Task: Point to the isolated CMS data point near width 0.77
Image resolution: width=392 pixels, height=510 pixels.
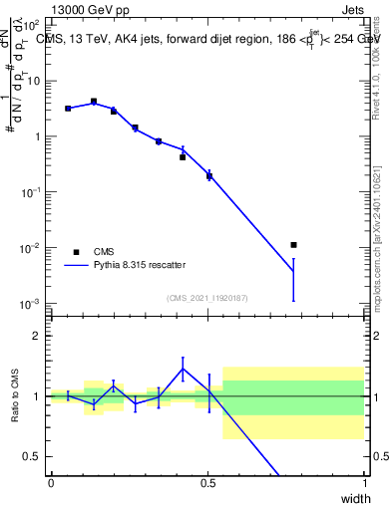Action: point(292,244)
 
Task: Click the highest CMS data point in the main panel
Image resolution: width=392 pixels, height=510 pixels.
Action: point(94,102)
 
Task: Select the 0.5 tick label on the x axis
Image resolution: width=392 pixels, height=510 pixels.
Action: point(207,482)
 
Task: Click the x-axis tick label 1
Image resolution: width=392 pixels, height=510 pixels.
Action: point(365,482)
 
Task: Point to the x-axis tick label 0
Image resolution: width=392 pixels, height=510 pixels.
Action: point(51,482)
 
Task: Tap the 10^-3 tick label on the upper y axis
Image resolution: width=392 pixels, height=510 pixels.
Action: point(31,303)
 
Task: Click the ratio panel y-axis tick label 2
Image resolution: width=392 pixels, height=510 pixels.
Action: point(37,336)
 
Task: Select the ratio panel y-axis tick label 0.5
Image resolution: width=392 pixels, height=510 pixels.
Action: point(32,456)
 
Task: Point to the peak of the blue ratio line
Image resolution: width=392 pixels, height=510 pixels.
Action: point(183,369)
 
